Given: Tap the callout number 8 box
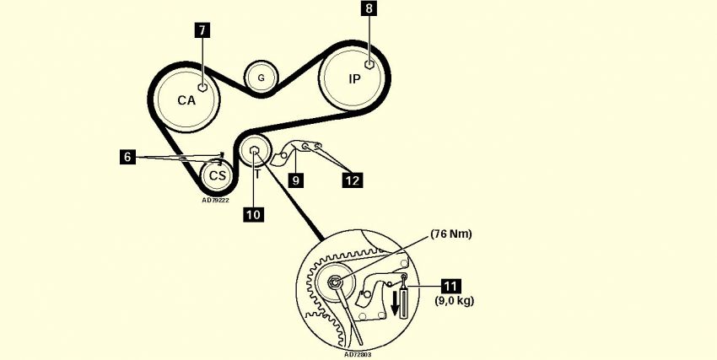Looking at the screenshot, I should point(369,10).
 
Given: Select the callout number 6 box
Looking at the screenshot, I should point(127,157).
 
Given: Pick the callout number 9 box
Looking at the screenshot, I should point(295,180).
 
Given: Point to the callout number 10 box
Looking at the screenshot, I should point(253,214).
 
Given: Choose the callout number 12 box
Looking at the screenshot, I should point(353,179).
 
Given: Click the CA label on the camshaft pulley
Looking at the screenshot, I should point(186,100).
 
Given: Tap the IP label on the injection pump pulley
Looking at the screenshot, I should point(354,79).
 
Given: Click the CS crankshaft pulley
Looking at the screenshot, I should point(218,175).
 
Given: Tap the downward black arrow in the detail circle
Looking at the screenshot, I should point(393,302).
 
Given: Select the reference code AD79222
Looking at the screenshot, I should point(215,200).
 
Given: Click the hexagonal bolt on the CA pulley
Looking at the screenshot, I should point(202,86).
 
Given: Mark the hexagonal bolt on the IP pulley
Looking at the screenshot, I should point(369,64).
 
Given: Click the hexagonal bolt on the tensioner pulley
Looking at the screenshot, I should point(254,152).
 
